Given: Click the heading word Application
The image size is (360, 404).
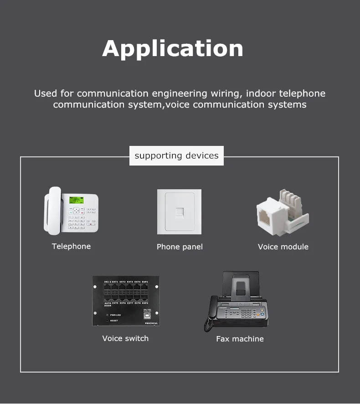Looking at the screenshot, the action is coord(173,49).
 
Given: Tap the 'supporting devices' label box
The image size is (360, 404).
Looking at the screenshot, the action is coord(176,156).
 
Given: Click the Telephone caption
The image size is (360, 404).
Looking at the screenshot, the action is coord(71,246).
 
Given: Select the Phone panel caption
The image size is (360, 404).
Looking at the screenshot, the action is coord(180,247).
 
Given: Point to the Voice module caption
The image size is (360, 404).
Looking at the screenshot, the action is coord(283,247).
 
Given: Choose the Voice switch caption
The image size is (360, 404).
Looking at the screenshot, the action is coord(125,338).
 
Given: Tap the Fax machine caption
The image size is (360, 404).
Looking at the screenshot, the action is coord(240,339).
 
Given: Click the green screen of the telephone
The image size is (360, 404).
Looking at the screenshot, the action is coord(76,200).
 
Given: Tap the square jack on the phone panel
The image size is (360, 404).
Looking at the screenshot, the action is coord(180,212).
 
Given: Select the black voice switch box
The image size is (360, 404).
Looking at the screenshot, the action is coord(125,301).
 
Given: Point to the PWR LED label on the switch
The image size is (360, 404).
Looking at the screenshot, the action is coord(115,315).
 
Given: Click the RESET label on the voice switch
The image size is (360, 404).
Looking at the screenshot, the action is coord(113,321).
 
